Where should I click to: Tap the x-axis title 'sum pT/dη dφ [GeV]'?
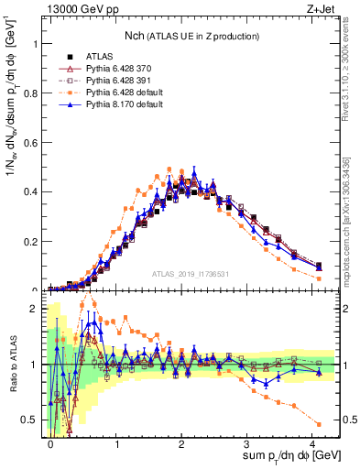(279, 455)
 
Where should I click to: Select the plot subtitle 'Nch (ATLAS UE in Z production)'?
(192, 35)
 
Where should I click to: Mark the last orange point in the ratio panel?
(318, 423)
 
